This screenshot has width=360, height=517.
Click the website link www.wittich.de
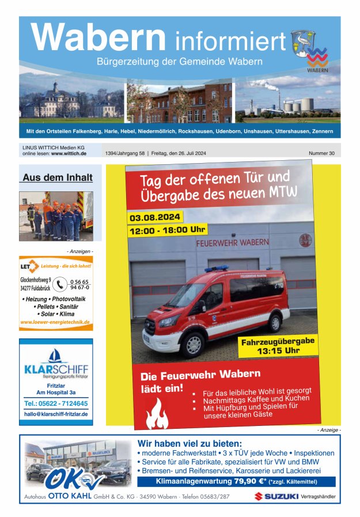tap(69, 154)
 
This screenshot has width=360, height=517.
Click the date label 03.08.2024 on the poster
tap(155, 218)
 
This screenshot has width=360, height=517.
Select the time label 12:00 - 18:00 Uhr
tap(166, 231)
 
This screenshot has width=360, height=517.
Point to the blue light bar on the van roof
tap(216, 269)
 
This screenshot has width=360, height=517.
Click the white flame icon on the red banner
tap(157, 413)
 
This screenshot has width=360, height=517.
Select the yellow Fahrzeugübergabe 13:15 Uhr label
tap(278, 345)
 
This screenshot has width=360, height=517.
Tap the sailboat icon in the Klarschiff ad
tap(56, 356)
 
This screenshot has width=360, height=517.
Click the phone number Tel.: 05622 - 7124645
tap(56, 403)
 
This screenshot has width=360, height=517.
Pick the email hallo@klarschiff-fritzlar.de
tap(56, 414)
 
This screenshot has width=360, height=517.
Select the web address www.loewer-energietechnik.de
tap(55, 322)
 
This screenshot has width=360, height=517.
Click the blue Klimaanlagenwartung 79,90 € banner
tap(236, 481)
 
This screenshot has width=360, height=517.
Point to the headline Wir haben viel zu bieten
tap(190, 443)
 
